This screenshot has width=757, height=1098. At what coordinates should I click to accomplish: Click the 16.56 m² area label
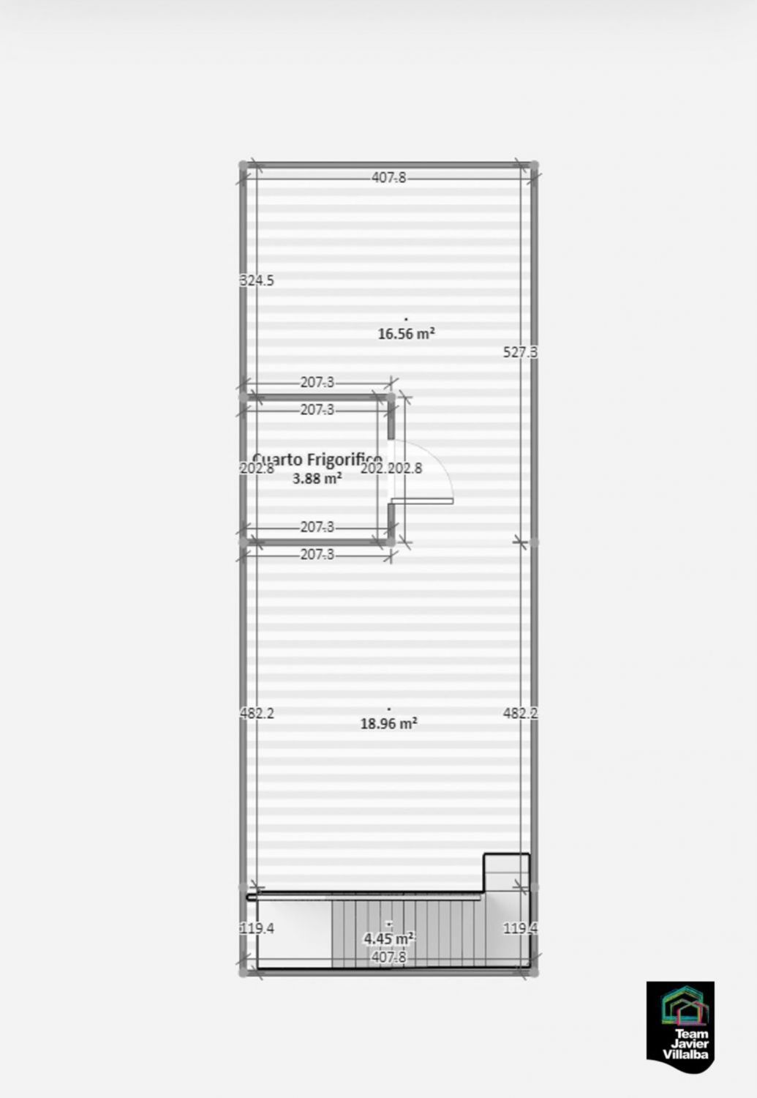(x=406, y=334)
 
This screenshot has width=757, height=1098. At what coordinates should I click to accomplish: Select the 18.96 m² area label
(x=388, y=724)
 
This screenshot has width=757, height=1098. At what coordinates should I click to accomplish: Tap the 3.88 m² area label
(x=317, y=479)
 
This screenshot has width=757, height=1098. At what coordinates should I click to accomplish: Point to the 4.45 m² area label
(x=388, y=938)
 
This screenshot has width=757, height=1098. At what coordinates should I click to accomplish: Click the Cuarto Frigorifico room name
(x=317, y=460)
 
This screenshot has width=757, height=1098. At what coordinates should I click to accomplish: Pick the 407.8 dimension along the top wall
(x=388, y=178)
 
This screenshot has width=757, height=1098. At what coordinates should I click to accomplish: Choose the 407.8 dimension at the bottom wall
(x=388, y=957)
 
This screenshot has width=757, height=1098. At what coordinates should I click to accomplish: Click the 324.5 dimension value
(x=257, y=280)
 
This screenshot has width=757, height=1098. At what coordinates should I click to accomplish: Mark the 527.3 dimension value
(x=520, y=352)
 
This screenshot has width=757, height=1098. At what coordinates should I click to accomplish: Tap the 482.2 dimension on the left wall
(x=257, y=713)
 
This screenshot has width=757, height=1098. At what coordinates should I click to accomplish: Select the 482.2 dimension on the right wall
(x=520, y=713)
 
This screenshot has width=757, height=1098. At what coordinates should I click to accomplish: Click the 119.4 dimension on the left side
(x=257, y=928)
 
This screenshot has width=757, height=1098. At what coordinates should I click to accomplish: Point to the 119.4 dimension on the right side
(x=520, y=928)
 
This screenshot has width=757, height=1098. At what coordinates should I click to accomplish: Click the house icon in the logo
(x=685, y=1006)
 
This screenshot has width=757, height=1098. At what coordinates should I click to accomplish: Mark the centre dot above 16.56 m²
(x=406, y=319)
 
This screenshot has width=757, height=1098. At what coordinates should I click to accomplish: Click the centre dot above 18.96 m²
(x=388, y=709)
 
